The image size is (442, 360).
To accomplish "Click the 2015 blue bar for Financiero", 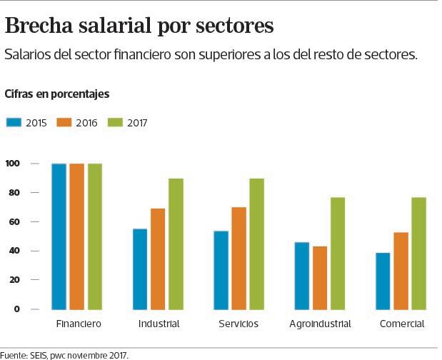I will (59, 236).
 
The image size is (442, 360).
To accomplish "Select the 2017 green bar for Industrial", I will (176, 244).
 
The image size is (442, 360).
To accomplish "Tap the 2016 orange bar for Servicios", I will (238, 258).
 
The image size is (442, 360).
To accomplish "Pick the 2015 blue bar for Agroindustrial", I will (302, 276).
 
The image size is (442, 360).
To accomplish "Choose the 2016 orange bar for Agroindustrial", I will (320, 277).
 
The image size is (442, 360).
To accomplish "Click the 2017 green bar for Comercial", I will (419, 253).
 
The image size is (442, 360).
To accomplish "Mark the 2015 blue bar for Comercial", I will (383, 281).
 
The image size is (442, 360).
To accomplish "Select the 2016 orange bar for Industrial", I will (158, 259).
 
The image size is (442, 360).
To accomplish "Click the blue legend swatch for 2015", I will (14, 122).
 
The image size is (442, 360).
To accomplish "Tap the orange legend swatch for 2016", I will (64, 122).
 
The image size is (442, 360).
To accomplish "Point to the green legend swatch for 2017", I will (115, 122).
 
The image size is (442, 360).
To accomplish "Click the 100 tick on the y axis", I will (11, 164).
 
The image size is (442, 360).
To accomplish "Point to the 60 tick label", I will (14, 222).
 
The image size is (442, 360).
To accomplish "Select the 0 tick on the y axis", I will (16, 309).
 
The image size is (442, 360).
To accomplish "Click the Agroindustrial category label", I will (320, 324).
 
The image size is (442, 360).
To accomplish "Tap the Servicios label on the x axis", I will (238, 324).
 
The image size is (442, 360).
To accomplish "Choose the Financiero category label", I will (79, 324).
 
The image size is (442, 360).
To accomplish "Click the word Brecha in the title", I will (41, 26).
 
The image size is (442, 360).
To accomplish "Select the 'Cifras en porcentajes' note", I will (56, 94).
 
